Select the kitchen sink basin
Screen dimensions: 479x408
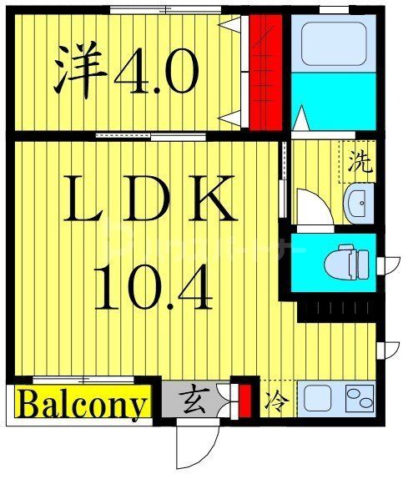coord(318,399)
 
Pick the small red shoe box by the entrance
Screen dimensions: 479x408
coord(244,400)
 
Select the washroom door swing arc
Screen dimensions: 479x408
coord(312,208)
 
